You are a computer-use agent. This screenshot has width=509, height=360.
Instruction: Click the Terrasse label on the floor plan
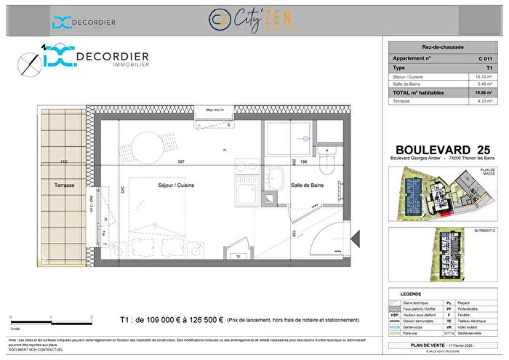pos(64,185)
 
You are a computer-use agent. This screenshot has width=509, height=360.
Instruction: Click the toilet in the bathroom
pos(329,159)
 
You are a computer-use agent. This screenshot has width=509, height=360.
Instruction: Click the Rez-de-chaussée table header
pos(438,45)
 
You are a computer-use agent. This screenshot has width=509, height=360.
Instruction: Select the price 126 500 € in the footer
pos(198,319)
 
